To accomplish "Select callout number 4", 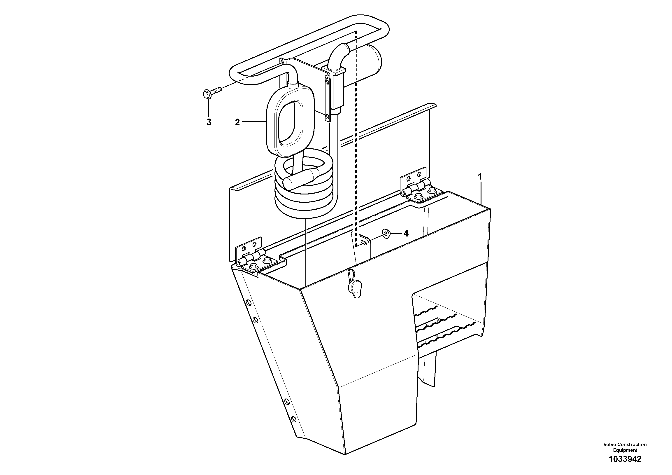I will pyautogui.click(x=406, y=233).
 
